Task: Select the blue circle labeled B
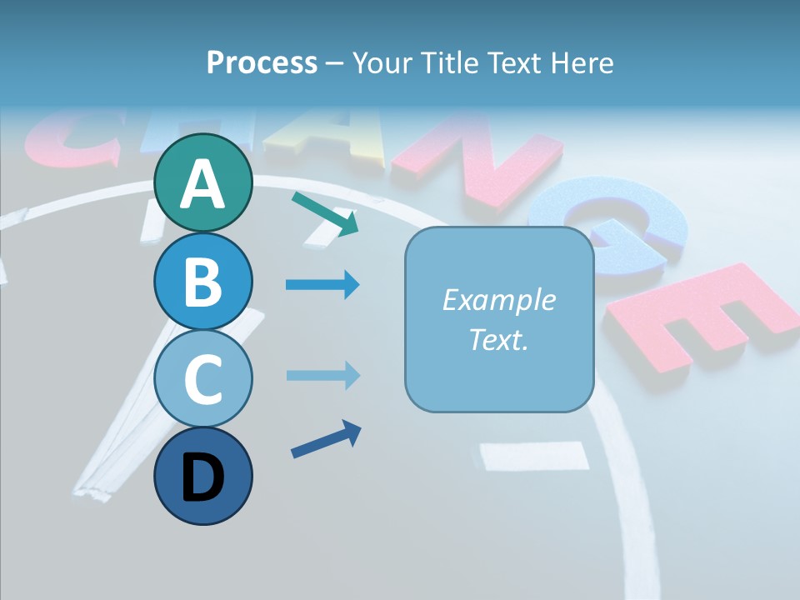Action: click(202, 282)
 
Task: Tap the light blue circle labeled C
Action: click(202, 379)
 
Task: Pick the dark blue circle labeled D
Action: click(202, 476)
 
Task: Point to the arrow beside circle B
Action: click(322, 285)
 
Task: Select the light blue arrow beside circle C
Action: click(322, 375)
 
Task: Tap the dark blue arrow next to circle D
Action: click(326, 439)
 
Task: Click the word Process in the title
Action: click(262, 62)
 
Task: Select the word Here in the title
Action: click(582, 62)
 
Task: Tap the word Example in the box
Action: click(498, 300)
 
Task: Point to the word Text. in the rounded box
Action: click(498, 339)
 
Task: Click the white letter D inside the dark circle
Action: click(202, 478)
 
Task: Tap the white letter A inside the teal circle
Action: click(202, 185)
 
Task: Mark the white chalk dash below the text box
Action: click(534, 455)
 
